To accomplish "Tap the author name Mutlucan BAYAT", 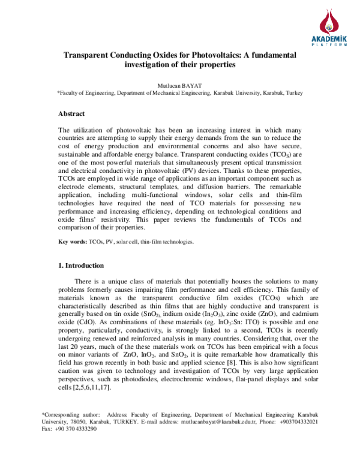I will click(x=180, y=85).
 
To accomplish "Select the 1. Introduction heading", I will click(x=80, y=282).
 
